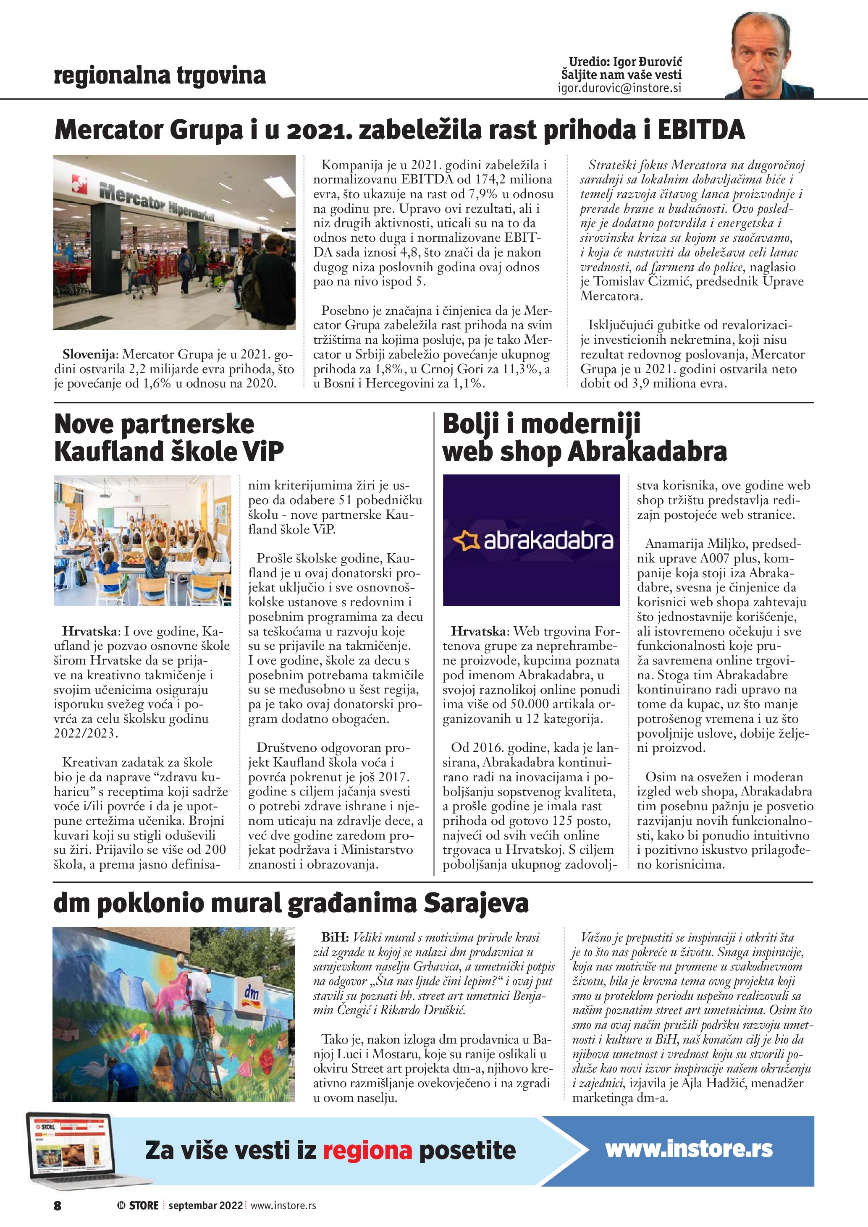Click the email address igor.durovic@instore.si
619,88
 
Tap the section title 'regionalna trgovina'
160,76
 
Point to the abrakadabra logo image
531,540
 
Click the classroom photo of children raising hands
143,540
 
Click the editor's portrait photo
770,55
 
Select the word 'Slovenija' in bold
88,354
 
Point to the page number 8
58,1205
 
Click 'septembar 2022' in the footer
206,1205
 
